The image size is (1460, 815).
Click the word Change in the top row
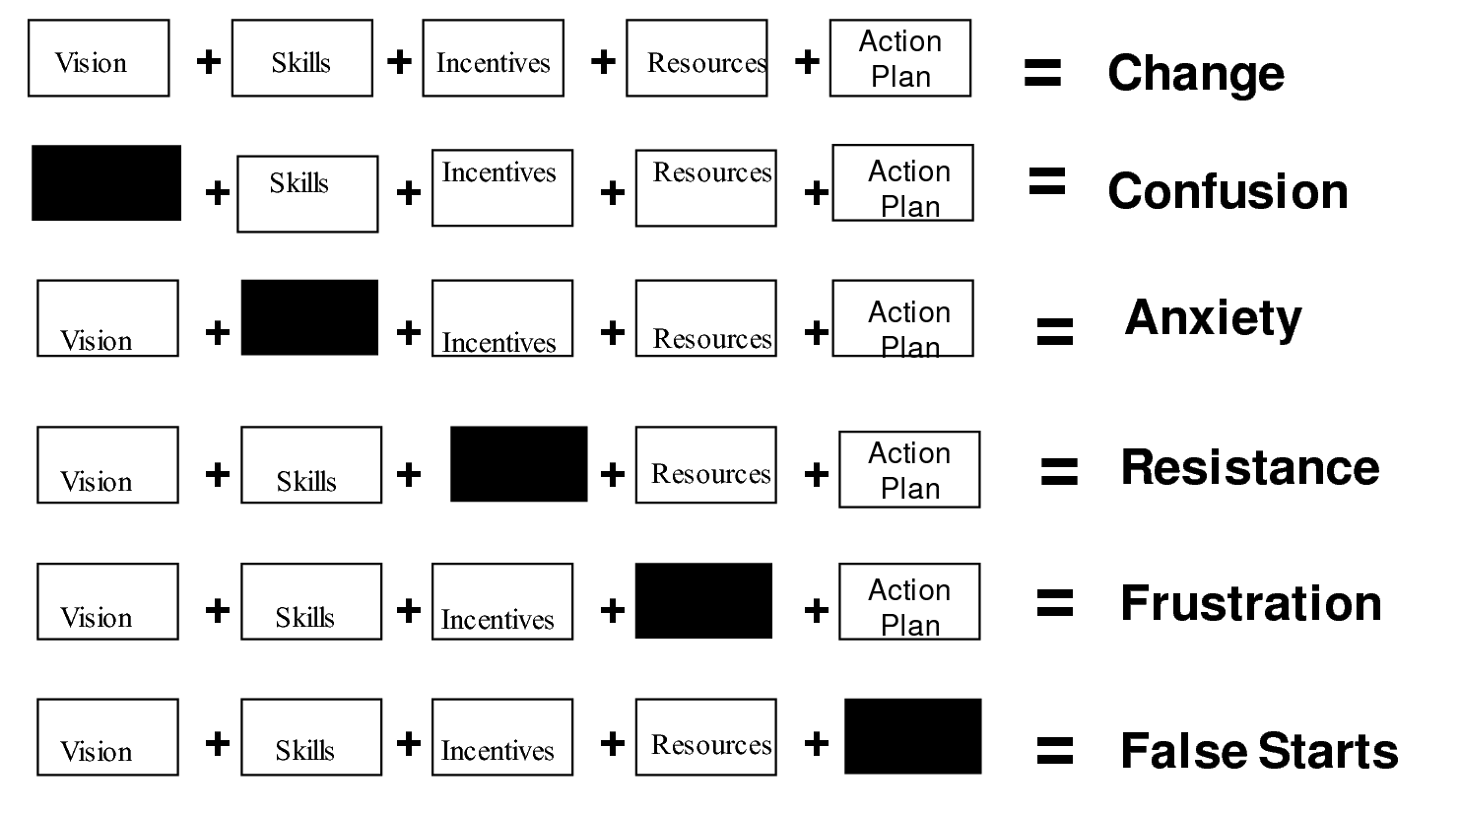[x=1195, y=73]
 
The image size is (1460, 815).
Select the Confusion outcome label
[x=1228, y=191]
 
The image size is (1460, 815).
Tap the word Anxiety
[x=1213, y=317]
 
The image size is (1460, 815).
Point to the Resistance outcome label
[x=1250, y=467]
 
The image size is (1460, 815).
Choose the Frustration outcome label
[x=1251, y=603]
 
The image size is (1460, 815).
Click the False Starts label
[x=1259, y=751]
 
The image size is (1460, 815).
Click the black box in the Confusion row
[x=106, y=183]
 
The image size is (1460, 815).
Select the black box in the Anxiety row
[x=309, y=317]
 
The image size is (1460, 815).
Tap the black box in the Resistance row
[x=518, y=464]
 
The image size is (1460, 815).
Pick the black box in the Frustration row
[x=703, y=601]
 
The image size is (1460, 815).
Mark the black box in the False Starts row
[x=912, y=736]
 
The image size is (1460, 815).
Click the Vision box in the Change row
[x=99, y=58]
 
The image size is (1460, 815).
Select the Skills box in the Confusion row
[x=307, y=194]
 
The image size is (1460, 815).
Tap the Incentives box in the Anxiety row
[x=502, y=318]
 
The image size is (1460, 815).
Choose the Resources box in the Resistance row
[x=705, y=465]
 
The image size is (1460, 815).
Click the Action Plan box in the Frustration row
[x=909, y=602]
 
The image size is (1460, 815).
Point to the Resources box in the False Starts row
[x=705, y=737]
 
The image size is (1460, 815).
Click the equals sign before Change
[x=1042, y=73]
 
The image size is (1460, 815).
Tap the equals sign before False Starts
[x=1054, y=751]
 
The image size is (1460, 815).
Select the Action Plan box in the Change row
[x=900, y=58]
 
